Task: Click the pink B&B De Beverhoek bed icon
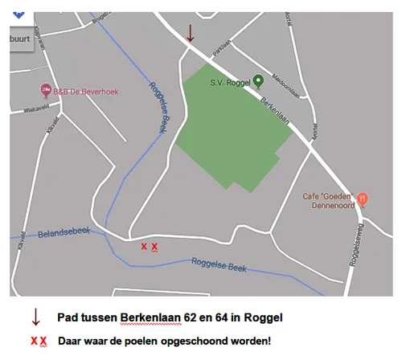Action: pos(46,92)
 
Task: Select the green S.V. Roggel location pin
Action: pos(257,80)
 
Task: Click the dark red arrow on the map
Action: pos(191,32)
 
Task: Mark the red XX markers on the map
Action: pos(149,247)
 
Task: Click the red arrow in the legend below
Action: pos(35,316)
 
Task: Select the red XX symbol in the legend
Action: pos(39,342)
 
